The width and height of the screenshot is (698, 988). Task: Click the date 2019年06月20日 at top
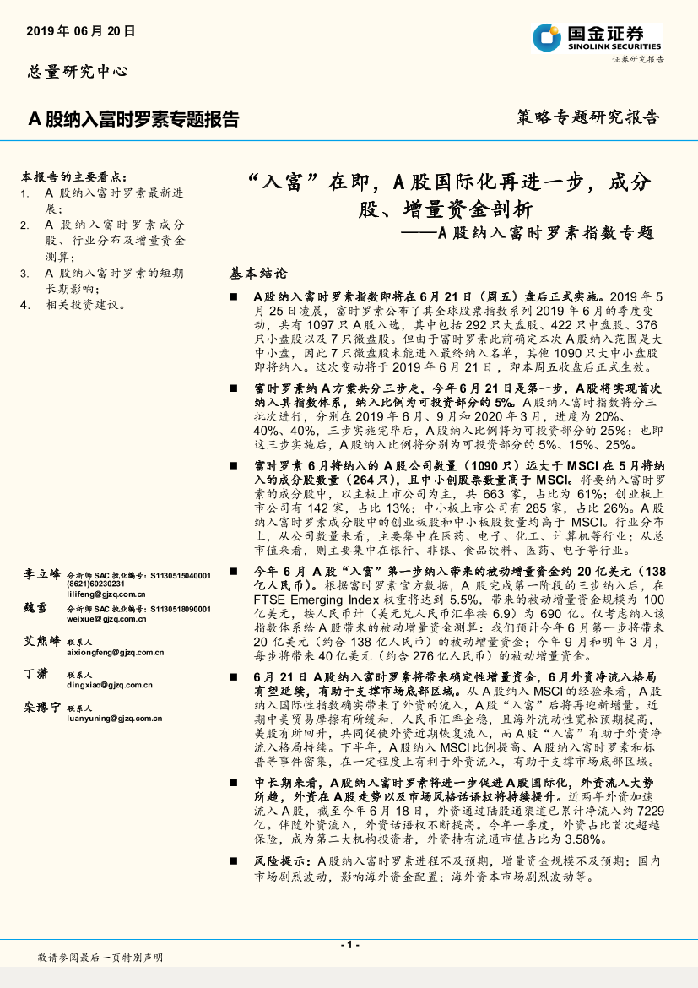point(80,31)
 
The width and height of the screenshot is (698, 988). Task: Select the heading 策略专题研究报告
point(587,117)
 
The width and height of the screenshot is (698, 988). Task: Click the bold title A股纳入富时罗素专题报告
point(134,119)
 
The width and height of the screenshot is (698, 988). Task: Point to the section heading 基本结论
point(258,274)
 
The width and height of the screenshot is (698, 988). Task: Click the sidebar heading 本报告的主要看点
point(74,177)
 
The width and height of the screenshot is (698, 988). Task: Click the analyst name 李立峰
point(41,574)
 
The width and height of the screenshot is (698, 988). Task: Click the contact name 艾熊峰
point(41,641)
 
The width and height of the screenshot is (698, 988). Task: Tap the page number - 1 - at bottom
point(349,944)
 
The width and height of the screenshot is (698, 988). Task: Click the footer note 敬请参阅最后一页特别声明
point(100,958)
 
